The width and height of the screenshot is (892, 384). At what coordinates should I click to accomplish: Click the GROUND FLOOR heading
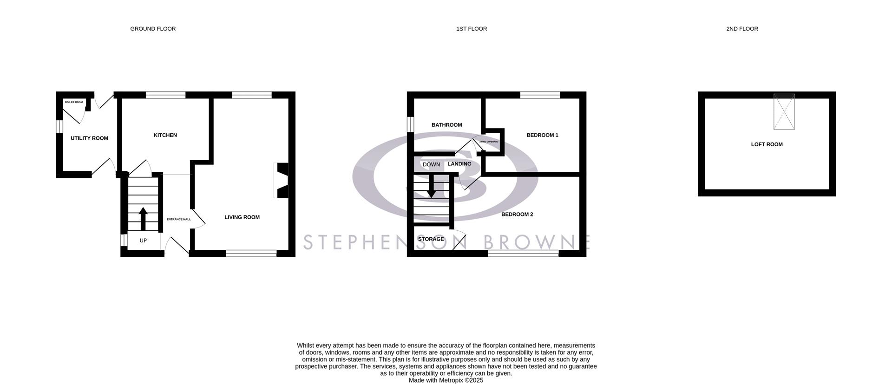[153, 29]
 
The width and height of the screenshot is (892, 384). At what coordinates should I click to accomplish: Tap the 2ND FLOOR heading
[742, 29]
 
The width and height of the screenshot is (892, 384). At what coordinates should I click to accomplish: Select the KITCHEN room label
[165, 135]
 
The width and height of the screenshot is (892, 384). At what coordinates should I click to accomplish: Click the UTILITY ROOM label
[89, 138]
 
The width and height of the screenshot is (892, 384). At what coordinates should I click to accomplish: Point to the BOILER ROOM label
[74, 102]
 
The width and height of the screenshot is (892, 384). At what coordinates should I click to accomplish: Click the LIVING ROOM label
[242, 217]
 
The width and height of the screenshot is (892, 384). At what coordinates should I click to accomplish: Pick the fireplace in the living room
[282, 180]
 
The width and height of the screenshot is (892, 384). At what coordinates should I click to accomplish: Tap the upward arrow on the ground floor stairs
[143, 218]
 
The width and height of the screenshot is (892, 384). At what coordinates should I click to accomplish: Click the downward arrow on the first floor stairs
[432, 186]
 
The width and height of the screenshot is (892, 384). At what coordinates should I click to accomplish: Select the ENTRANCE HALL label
[179, 219]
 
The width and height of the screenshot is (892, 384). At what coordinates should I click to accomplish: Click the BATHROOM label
[446, 125]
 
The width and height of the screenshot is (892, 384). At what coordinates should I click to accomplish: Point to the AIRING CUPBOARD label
[489, 142]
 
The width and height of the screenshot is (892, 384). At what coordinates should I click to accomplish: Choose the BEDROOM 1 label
[542, 135]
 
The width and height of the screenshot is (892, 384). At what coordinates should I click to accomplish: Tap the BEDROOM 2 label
[517, 215]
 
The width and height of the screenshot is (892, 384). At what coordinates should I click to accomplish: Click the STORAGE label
[431, 239]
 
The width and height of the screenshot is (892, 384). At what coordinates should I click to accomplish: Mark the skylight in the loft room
[784, 111]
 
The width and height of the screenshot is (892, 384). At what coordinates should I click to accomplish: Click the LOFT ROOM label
[767, 144]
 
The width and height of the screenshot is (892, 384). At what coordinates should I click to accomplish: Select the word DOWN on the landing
[431, 164]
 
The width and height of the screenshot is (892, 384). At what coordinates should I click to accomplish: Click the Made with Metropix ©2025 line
[446, 380]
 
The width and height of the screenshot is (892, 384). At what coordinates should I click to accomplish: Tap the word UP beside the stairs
[143, 241]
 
